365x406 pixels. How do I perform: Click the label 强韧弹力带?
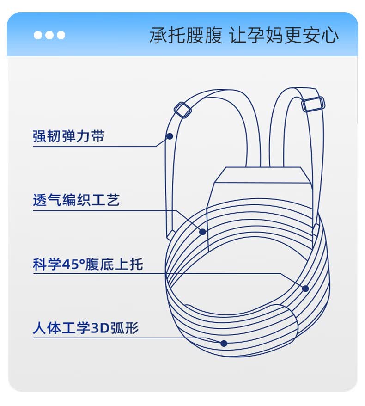click(68, 136)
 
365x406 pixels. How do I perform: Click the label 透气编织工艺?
click(76, 200)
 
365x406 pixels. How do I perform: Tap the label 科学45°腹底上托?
click(88, 265)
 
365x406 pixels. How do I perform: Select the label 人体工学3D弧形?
click(86, 328)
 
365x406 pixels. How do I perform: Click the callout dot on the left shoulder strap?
click(170, 136)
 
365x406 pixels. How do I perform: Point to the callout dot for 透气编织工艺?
click(202, 232)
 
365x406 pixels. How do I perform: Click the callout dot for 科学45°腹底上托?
click(305, 289)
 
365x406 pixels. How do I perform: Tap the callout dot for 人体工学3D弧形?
click(224, 343)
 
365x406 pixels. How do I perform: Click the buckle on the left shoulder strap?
click(182, 110)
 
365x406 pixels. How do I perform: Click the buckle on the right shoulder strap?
click(313, 104)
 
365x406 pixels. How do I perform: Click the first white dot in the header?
click(38, 35)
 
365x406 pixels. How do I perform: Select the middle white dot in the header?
click(49, 35)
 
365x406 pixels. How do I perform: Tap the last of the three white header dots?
click(61, 35)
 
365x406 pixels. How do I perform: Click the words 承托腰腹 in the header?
click(186, 36)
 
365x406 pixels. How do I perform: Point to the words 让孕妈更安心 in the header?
click(284, 36)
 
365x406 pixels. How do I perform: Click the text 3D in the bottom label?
click(98, 328)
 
